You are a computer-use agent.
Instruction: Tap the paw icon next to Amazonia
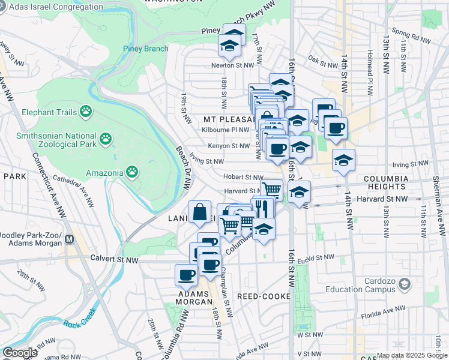tap(132, 173)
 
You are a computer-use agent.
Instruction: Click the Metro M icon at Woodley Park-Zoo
tap(69, 239)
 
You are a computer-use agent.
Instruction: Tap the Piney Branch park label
tap(143, 49)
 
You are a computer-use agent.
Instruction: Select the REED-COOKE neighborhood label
tap(264, 296)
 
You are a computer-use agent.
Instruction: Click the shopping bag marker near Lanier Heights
tap(199, 212)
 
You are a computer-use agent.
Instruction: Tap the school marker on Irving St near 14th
tap(343, 160)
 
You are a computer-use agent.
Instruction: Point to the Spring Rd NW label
tap(411, 37)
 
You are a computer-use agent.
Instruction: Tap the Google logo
tap(20, 353)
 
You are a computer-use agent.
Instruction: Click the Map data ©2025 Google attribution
tap(412, 355)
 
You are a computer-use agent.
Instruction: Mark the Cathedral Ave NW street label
tap(74, 187)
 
